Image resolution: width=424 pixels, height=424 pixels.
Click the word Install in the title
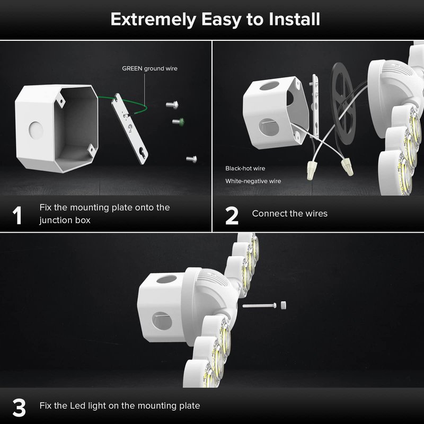(x=294, y=19)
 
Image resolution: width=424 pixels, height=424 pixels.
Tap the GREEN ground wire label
(x=149, y=68)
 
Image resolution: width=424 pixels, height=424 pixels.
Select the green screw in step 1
(x=179, y=121)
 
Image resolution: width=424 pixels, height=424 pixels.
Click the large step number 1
(x=17, y=215)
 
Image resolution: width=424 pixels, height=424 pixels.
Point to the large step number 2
(x=232, y=216)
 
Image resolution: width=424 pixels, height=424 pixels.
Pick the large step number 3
(x=19, y=408)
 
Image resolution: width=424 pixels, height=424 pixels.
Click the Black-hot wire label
(x=245, y=168)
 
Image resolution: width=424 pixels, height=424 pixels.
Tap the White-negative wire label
(x=253, y=181)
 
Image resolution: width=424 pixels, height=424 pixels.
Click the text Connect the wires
(x=289, y=214)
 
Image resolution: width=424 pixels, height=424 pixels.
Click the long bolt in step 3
(x=259, y=306)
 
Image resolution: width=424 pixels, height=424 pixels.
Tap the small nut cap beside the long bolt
(x=283, y=305)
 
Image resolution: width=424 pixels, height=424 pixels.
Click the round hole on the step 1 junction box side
(x=36, y=130)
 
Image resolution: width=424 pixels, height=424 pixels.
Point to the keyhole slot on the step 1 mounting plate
(x=142, y=153)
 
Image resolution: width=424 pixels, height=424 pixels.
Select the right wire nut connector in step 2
(x=347, y=166)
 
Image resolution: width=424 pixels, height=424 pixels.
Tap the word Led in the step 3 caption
(x=77, y=405)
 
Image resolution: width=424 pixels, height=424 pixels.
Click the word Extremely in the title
(x=153, y=20)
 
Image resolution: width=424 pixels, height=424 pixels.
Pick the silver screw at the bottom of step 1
(x=192, y=159)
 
